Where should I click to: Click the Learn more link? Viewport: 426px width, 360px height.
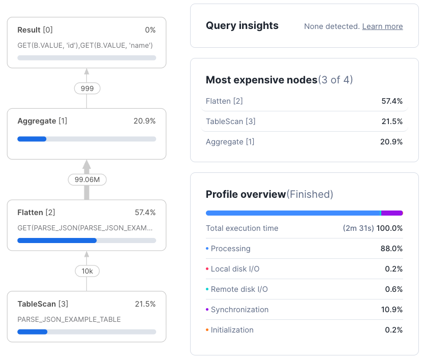pos(382,26)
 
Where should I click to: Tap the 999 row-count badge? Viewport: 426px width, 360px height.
pos(87,88)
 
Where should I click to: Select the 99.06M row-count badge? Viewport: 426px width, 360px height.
pos(87,179)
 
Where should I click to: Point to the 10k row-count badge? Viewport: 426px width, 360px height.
pos(87,271)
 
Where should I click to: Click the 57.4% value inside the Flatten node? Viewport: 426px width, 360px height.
pos(145,213)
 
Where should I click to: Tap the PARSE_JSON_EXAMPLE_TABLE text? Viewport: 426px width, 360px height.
pos(69,319)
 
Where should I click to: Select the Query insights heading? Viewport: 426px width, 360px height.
pos(242,26)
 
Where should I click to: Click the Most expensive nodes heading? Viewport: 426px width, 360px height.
pos(261,80)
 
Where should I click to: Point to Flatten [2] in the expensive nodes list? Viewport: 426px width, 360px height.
pos(224,101)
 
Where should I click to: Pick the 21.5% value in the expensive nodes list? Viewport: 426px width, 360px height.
pos(391,122)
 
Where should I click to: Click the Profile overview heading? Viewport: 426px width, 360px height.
pos(246,194)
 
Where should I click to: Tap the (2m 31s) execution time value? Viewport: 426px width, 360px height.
pos(358,228)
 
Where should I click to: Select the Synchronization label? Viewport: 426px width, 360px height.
pos(239,310)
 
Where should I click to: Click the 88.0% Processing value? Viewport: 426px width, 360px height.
pos(391,249)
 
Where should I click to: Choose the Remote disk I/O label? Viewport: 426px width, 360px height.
pos(239,289)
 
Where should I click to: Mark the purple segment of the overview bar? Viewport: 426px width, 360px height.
pos(392,213)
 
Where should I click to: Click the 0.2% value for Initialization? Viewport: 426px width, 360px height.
pos(393,330)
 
